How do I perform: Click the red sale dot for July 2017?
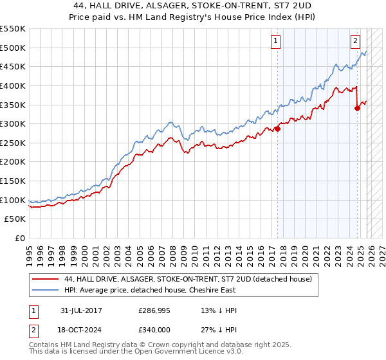tap(278, 129)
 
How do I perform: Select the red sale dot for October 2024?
tap(358, 108)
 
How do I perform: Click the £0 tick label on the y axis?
tap(21, 239)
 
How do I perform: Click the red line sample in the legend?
tap(45, 279)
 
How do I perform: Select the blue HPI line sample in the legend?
tap(45, 290)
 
